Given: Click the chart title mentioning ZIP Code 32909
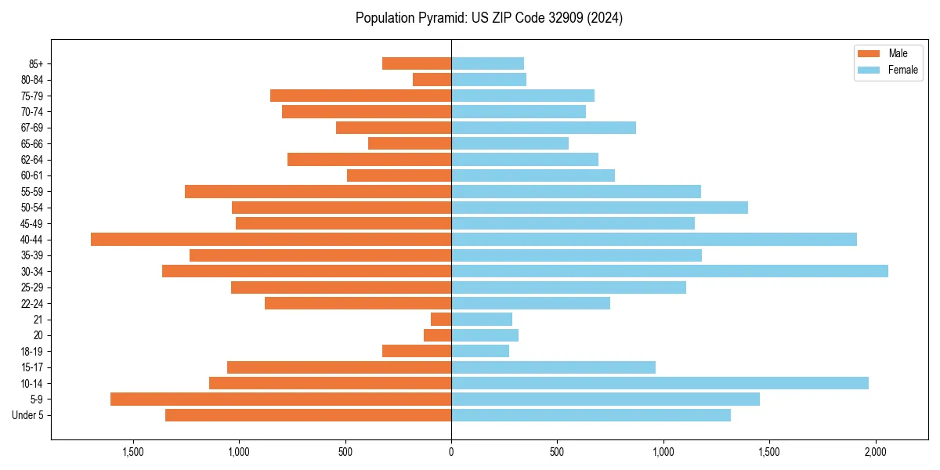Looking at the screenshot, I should [489, 18].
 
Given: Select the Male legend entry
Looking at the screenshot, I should [898, 53].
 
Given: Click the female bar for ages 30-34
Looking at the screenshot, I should [670, 271].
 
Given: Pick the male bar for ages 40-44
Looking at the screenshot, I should [271, 239].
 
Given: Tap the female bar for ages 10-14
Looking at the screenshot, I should [660, 383].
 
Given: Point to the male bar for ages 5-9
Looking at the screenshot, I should [280, 399].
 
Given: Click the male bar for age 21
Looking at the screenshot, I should [441, 319].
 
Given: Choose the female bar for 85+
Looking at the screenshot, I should [487, 63].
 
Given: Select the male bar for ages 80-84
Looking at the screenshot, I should [432, 79].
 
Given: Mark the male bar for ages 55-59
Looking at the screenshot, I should [318, 191].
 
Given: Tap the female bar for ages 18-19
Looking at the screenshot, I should [480, 351].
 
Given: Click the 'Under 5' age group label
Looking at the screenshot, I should [27, 415].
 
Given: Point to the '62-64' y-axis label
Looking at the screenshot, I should [32, 160].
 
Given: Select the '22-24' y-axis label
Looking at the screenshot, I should [32, 303].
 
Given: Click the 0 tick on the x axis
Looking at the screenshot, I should [451, 452].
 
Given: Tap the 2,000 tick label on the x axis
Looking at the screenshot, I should [876, 452].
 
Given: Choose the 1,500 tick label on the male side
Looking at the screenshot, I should [132, 452].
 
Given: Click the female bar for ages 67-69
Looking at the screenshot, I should [544, 128].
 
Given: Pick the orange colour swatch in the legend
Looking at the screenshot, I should [869, 53].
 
